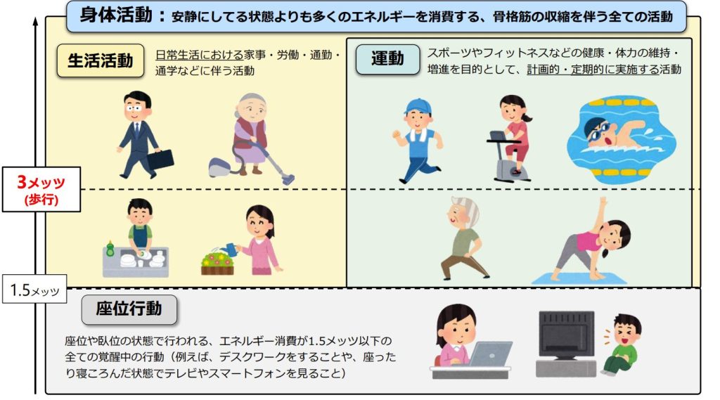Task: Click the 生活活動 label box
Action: pos(100,61)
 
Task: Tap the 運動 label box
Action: pos(387,59)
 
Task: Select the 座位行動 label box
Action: pos(130,309)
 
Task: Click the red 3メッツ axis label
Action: pos(40,183)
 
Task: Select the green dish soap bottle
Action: pos(110,249)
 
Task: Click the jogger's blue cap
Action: pos(417,106)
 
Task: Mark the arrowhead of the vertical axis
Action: pos(35,20)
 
